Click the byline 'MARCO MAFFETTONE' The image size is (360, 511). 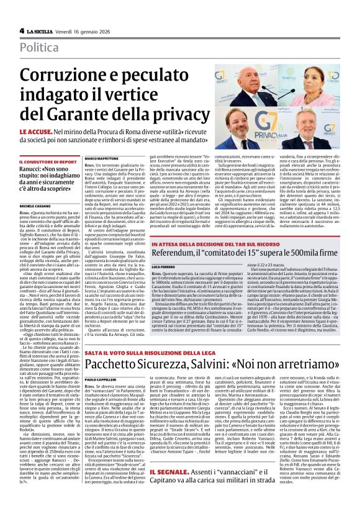102,159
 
